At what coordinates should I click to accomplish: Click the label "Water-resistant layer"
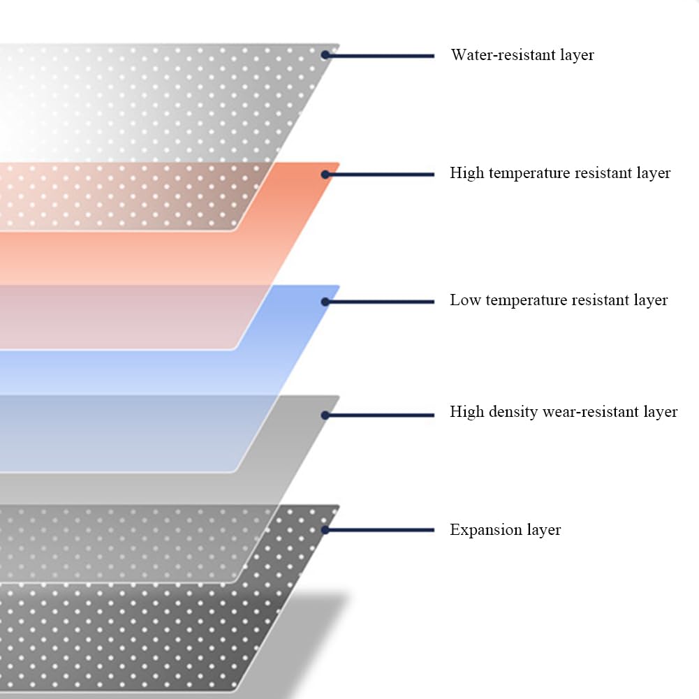522,55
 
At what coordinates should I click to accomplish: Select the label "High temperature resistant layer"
560,173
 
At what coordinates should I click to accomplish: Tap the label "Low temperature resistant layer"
559,300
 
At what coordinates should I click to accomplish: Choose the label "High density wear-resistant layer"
564,412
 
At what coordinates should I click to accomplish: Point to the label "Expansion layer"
505,530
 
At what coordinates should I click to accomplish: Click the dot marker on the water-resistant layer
325,54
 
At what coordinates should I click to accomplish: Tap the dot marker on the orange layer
325,174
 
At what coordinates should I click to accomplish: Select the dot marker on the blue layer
325,302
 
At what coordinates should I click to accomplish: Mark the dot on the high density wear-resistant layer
325,415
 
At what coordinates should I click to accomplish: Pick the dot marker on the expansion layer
325,530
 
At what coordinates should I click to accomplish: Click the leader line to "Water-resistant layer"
381,55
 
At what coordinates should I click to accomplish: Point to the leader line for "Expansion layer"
381,530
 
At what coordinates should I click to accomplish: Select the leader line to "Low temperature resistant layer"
381,302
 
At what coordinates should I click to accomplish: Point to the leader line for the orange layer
381,174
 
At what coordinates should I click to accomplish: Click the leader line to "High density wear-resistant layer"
381,415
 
